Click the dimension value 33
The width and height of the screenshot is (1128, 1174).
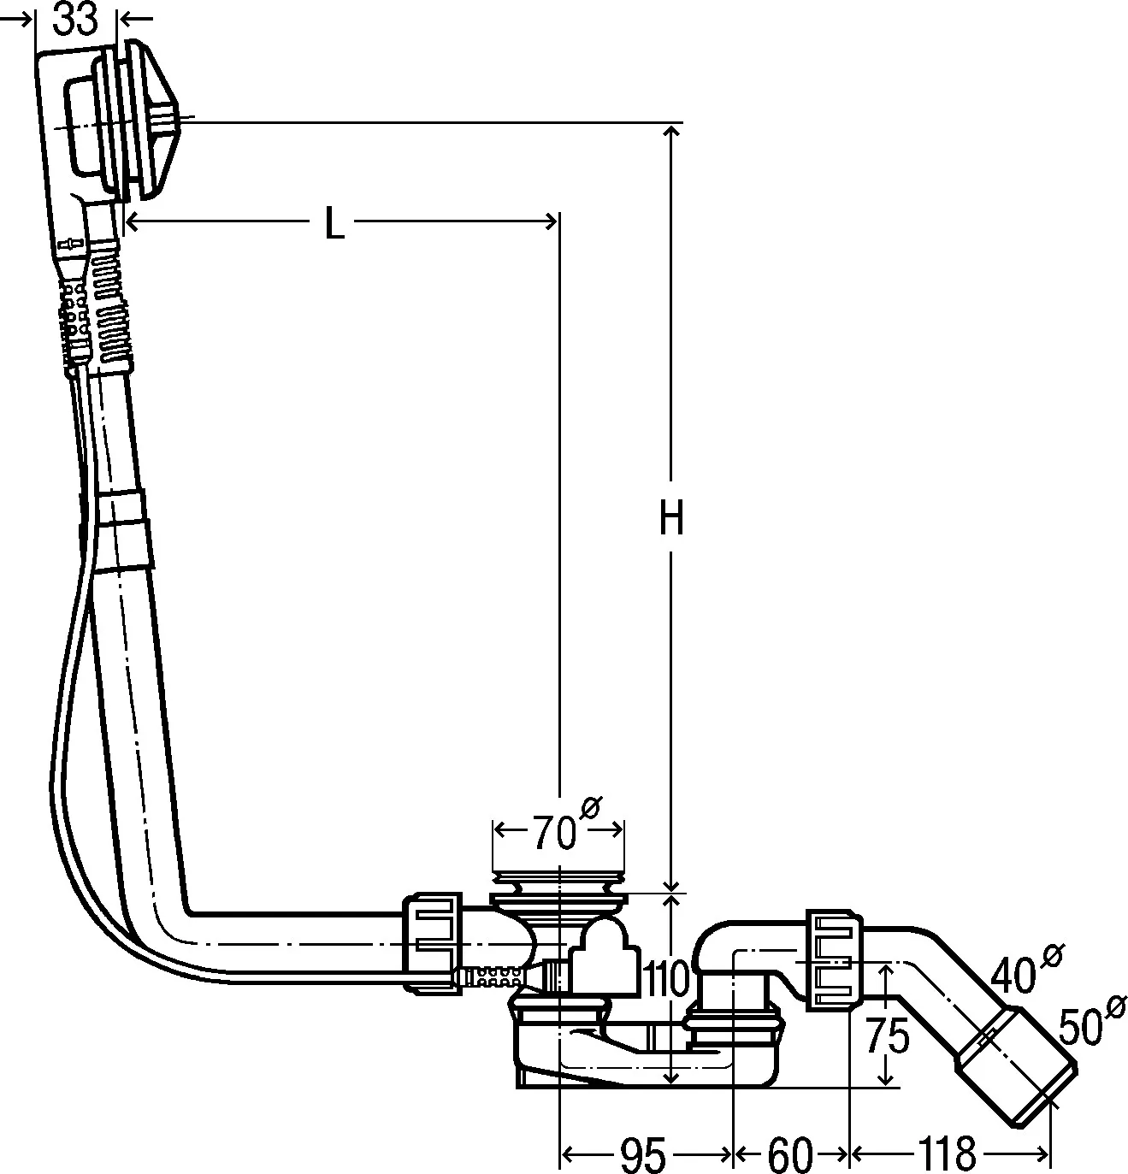[76, 19]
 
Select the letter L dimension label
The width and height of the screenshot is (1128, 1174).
[334, 224]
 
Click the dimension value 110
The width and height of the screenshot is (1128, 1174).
[666, 980]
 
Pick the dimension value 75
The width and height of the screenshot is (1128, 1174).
[886, 1037]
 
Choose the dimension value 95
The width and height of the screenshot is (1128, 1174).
[642, 1155]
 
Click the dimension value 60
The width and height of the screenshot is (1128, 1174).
[789, 1155]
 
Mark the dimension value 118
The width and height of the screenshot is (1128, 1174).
[948, 1155]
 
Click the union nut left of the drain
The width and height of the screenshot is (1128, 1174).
[433, 941]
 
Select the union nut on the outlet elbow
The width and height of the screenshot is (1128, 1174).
[833, 958]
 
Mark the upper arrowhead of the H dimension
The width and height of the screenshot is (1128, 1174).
[671, 130]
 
